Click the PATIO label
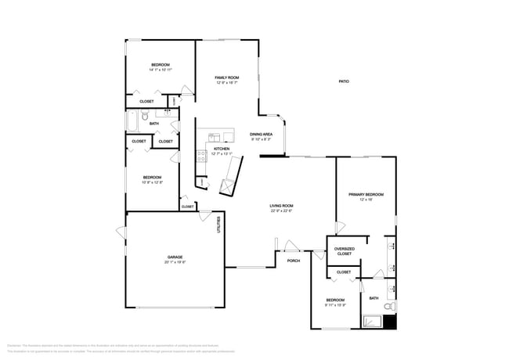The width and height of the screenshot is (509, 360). [343, 82]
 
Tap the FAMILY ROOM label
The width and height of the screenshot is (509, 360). [227, 77]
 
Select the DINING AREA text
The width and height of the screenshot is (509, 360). [261, 135]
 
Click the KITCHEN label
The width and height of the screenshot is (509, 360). [222, 149]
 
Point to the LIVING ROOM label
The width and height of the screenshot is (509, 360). [281, 206]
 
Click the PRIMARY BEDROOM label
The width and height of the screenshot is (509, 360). [366, 194]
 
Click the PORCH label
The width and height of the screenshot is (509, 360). [293, 261]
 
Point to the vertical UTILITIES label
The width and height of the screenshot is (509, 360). [218, 225]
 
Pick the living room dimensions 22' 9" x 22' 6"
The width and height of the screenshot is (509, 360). [281, 211]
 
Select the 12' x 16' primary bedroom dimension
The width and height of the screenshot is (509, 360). [366, 200]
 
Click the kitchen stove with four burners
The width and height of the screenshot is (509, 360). [201, 154]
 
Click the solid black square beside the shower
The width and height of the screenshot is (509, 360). [391, 321]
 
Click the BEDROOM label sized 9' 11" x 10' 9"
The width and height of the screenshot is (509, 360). [335, 300]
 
